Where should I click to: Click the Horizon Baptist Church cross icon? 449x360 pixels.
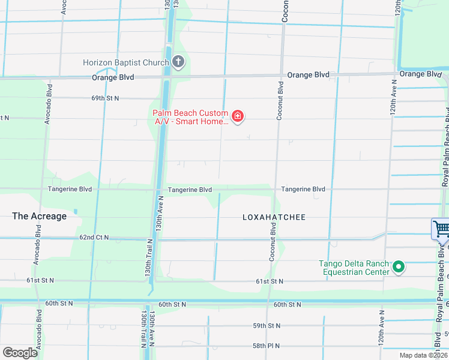point(178,61)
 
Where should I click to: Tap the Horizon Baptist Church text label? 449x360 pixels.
point(126,62)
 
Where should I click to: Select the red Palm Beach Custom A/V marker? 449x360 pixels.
point(238,116)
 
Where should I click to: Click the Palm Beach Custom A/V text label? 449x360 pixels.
point(190,117)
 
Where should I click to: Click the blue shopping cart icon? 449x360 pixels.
point(441,229)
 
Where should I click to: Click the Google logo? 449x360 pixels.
point(20,352)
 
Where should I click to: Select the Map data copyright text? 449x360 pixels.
point(423,355)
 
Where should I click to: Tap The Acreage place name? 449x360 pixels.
point(40,216)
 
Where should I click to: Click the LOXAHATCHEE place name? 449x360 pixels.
point(274,217)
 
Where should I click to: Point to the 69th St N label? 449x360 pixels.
point(105,98)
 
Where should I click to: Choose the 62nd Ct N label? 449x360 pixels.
point(94,238)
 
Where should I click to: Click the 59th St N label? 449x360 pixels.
point(266,326)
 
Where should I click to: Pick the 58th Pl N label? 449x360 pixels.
point(266,346)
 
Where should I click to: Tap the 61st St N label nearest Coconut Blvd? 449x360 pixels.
point(270,281)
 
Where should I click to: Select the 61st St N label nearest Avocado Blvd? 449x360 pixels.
point(40,280)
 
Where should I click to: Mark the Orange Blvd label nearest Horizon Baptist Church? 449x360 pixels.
point(113,77)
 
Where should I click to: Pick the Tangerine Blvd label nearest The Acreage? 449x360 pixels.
point(70,189)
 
